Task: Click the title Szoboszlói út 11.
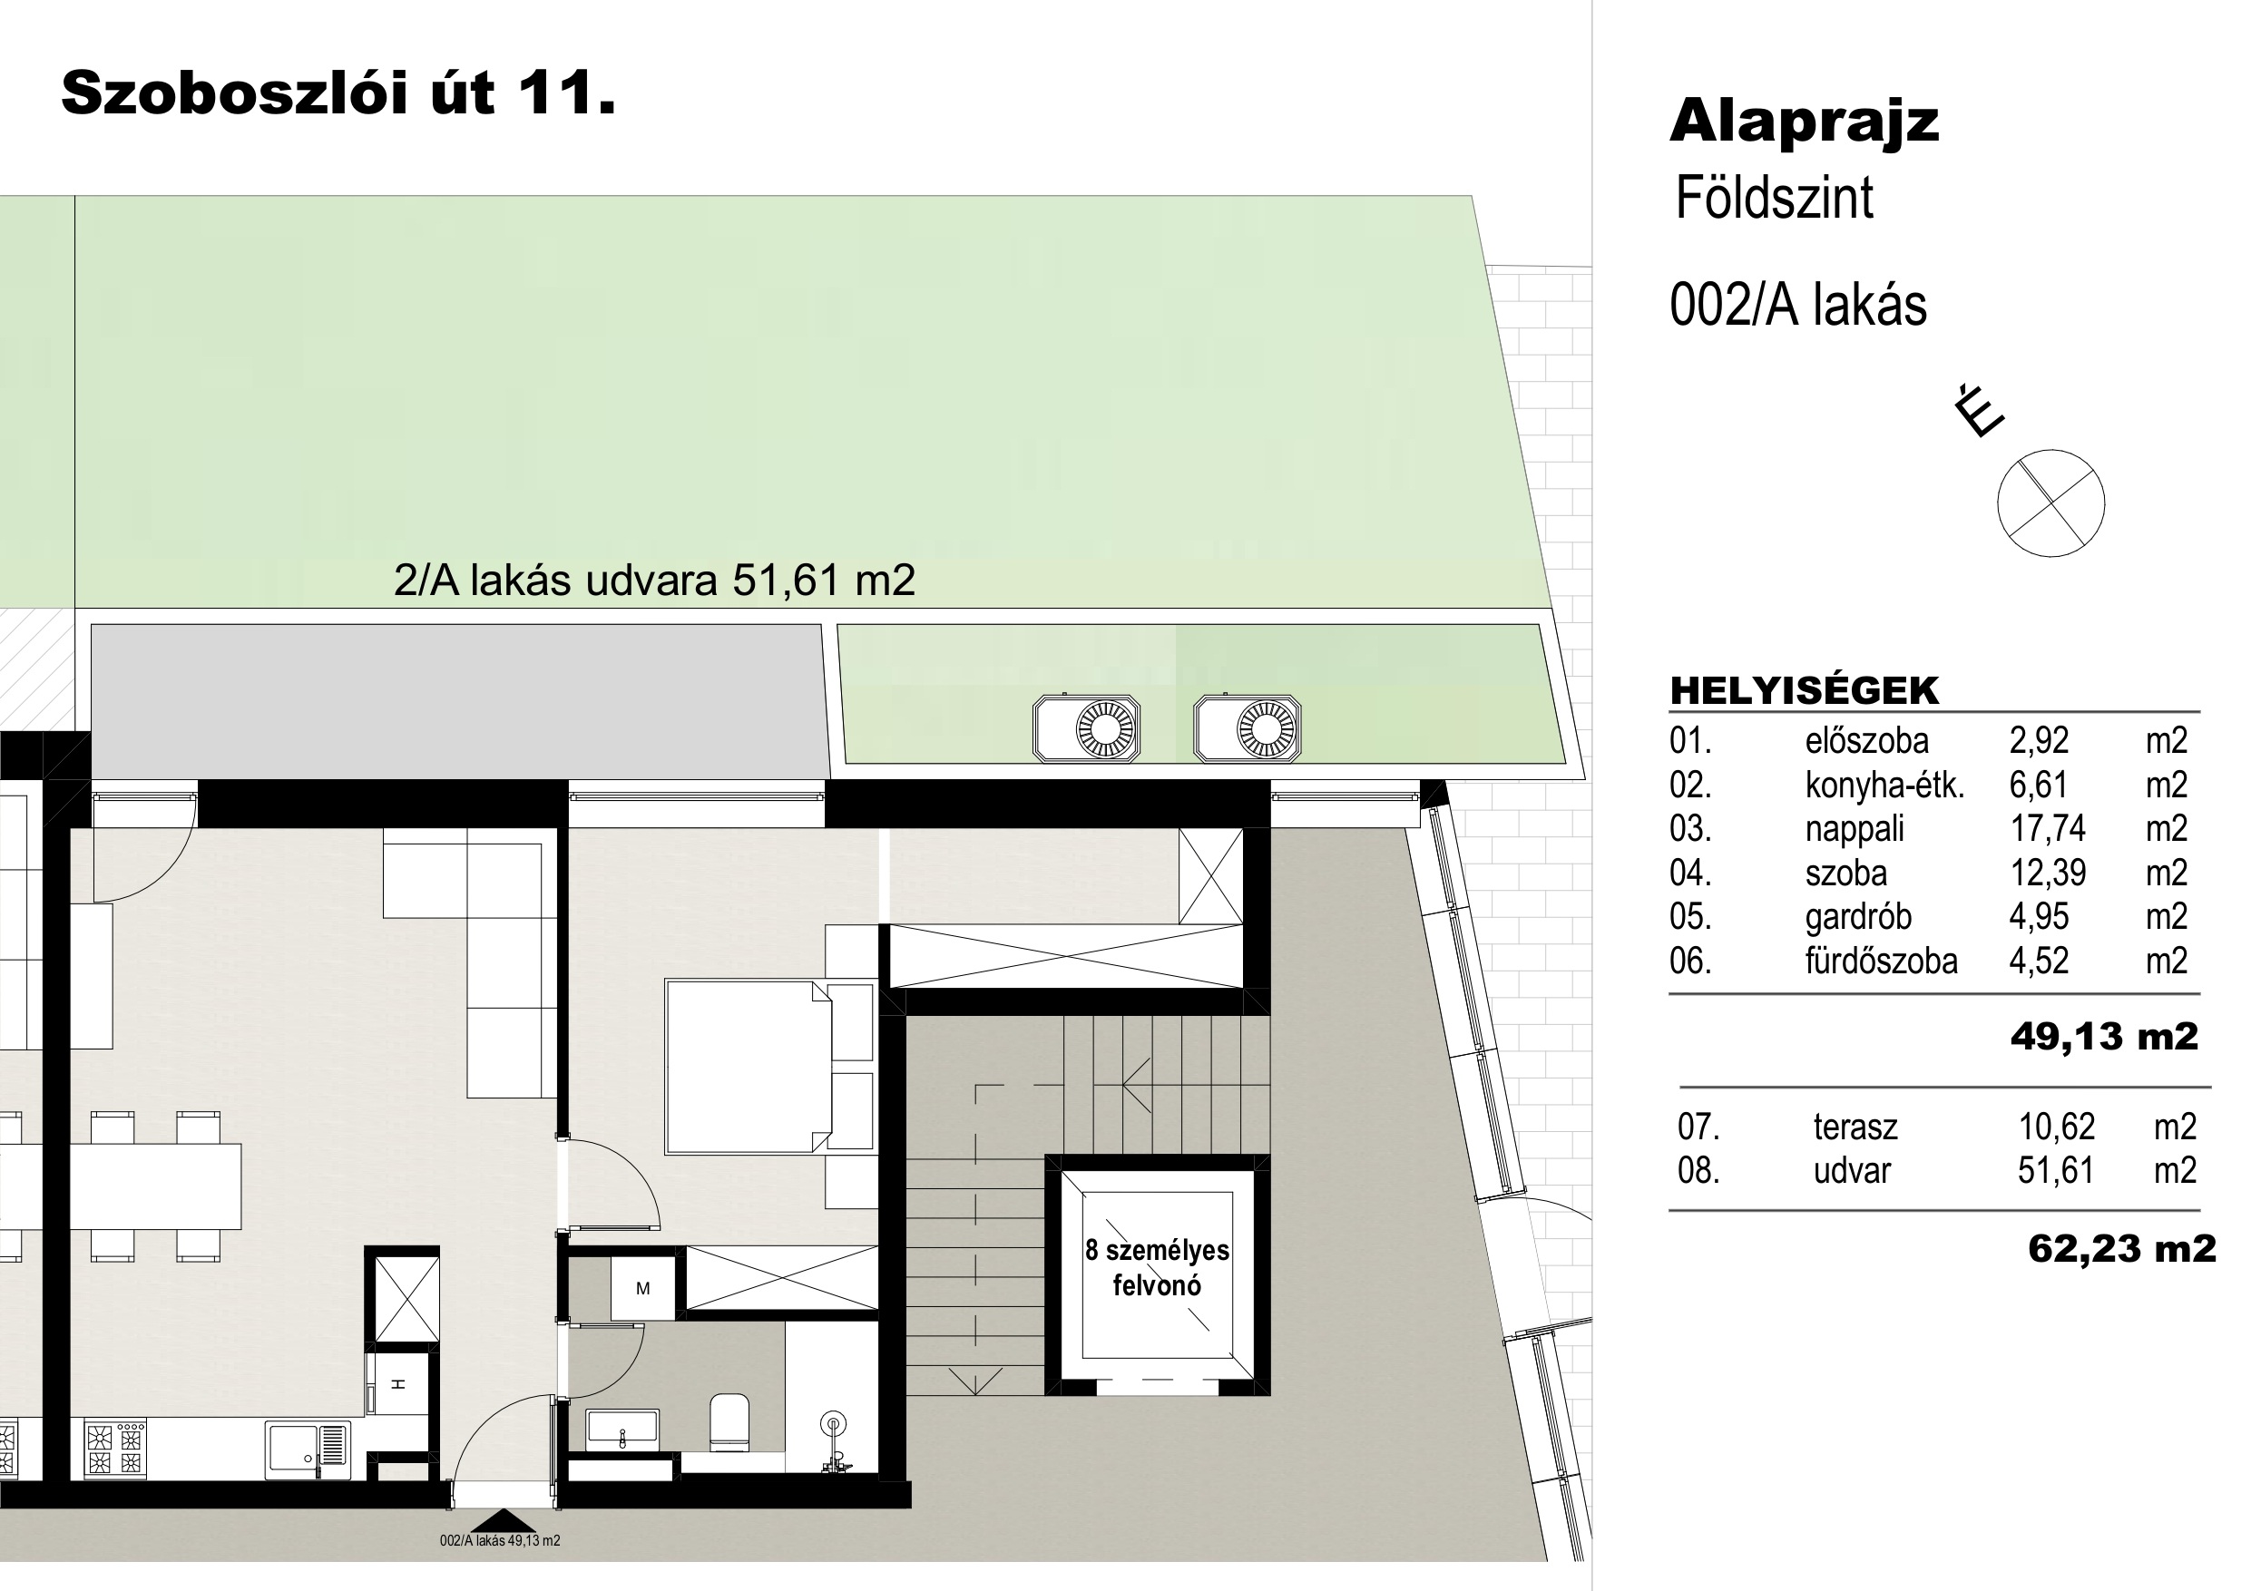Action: coord(338,94)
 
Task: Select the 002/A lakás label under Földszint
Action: coord(1798,304)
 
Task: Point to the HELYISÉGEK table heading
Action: coord(1804,690)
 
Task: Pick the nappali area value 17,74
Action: coord(2048,829)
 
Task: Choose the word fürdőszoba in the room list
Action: coord(1882,961)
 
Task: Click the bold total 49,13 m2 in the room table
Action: coord(2104,1036)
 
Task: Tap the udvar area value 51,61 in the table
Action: coord(2056,1170)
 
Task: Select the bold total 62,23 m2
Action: coord(2121,1248)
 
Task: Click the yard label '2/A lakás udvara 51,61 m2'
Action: coord(654,581)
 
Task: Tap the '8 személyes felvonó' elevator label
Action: coord(1157,1267)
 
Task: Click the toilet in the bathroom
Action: coord(729,1422)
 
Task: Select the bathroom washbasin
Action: coord(622,1430)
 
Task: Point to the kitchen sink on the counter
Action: coord(307,1450)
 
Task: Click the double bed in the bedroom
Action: coord(750,1067)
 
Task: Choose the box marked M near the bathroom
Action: coord(643,1289)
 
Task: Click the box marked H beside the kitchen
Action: coord(399,1383)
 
